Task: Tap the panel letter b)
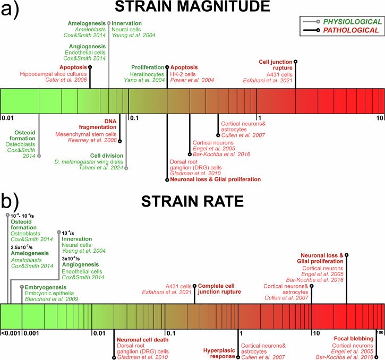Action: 12,201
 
